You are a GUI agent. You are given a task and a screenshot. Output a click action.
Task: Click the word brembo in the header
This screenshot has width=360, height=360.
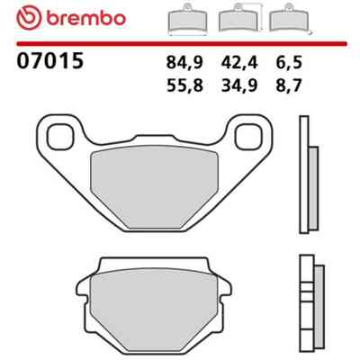[85, 18]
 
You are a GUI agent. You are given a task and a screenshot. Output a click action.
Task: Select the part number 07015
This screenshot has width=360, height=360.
[49, 61]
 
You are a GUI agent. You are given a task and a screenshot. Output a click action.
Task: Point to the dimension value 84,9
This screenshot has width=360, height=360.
[184, 63]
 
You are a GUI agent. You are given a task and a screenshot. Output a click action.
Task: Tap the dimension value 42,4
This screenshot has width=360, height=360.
[239, 63]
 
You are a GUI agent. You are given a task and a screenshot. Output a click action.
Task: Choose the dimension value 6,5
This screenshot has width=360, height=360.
[288, 63]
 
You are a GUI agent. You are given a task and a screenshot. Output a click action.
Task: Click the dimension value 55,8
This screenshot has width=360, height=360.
[184, 85]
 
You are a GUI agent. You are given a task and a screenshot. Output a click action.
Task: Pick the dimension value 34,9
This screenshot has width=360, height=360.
[239, 85]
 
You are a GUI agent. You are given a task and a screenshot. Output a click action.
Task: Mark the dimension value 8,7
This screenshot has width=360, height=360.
[288, 85]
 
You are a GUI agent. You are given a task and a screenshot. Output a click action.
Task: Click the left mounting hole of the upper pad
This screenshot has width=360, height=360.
[60, 137]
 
